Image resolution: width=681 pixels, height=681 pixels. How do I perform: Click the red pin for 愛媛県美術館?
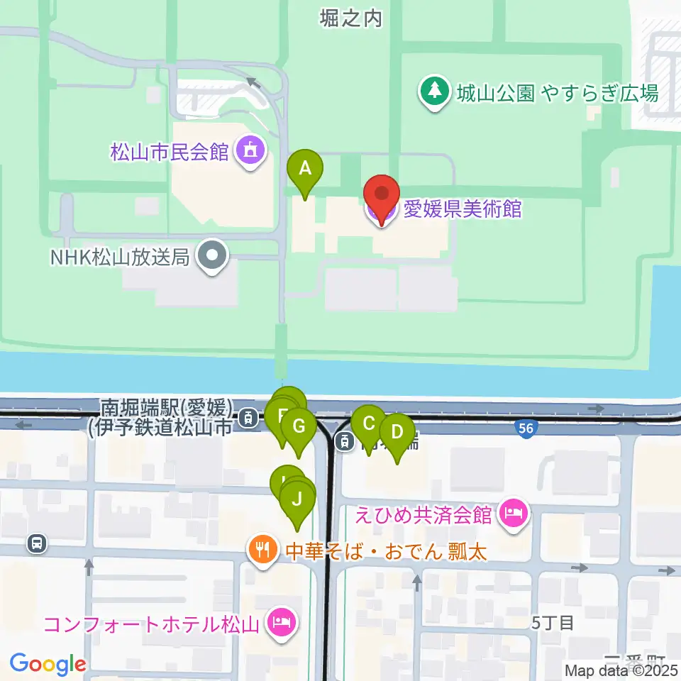[382, 194]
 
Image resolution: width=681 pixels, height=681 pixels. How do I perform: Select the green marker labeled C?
[369, 424]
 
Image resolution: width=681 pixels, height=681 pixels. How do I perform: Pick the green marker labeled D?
[397, 432]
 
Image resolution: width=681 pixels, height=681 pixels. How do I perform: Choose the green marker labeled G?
[299, 427]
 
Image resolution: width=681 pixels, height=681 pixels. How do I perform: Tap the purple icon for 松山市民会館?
[250, 150]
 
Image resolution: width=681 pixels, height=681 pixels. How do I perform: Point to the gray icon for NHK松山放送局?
[211, 256]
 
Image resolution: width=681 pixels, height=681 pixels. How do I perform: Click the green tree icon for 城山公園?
[433, 92]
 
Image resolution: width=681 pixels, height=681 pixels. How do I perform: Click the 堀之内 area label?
[350, 18]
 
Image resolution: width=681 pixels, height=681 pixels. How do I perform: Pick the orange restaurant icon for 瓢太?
[262, 550]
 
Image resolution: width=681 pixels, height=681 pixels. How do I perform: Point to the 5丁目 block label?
[552, 623]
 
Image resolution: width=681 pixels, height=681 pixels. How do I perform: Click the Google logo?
[48, 664]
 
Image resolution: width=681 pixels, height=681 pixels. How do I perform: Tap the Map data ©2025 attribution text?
[621, 670]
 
